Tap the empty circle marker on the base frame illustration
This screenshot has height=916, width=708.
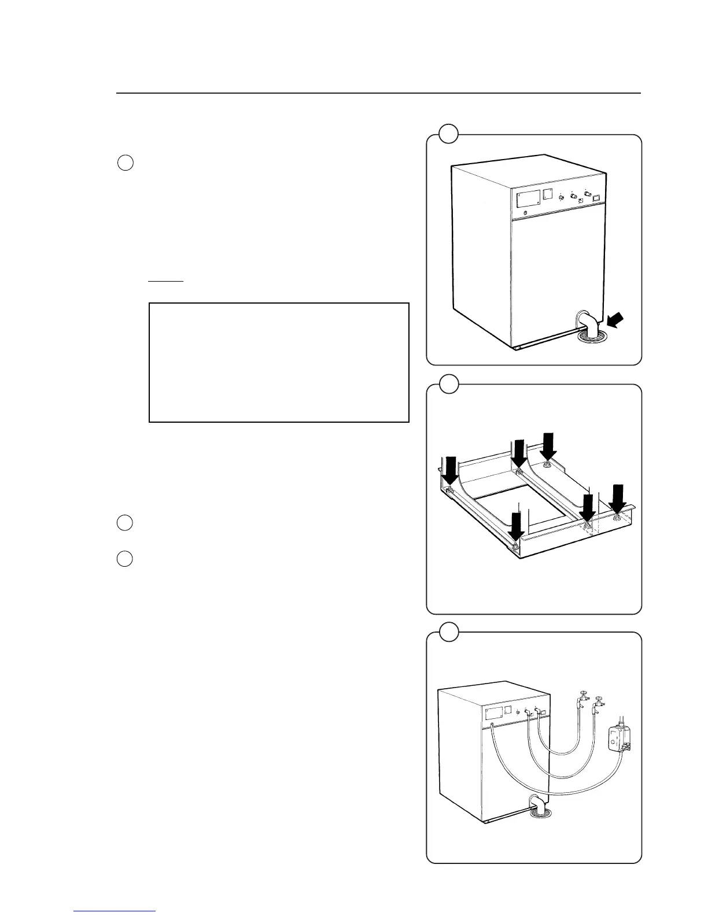(x=448, y=383)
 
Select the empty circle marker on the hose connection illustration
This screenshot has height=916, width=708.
(x=448, y=631)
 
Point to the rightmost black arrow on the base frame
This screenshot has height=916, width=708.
(x=619, y=496)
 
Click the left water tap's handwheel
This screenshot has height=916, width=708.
(x=583, y=692)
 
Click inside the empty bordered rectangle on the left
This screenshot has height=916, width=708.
(x=279, y=362)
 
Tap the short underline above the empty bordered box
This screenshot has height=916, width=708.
(x=165, y=281)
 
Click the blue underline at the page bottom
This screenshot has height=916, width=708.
(x=115, y=911)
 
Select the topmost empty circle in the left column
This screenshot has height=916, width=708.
(x=126, y=163)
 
